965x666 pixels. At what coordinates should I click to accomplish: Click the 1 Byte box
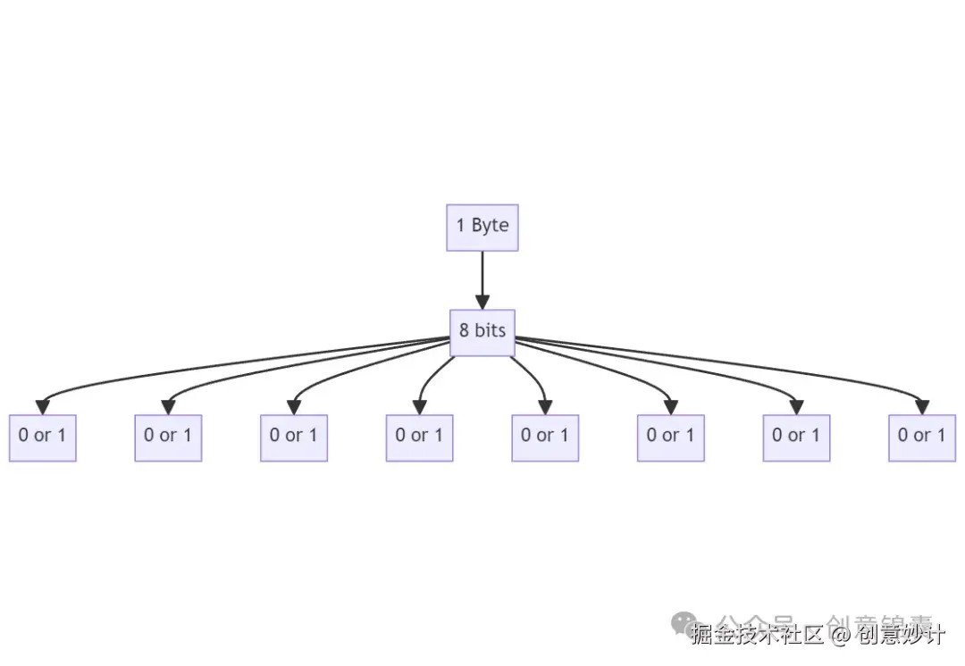pos(482,227)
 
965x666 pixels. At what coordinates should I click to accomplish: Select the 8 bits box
pos(482,332)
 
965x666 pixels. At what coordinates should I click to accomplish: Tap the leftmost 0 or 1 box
pos(43,437)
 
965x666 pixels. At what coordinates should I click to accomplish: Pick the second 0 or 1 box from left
pos(168,437)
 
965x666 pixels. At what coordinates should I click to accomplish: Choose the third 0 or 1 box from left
pos(294,437)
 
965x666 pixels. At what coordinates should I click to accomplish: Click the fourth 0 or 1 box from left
pos(419,437)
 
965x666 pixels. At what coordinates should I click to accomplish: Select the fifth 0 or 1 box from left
pos(545,437)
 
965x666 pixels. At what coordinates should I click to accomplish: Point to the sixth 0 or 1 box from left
pos(671,437)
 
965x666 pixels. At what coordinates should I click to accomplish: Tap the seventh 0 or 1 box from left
pos(796,437)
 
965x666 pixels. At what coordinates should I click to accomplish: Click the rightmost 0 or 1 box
pos(922,437)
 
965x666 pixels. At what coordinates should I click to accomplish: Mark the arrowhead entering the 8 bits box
pos(482,302)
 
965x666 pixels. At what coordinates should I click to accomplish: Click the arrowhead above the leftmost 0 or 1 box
pos(43,407)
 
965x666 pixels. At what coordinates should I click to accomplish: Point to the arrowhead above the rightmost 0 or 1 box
pos(922,407)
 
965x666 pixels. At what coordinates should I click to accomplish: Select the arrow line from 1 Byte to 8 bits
pos(482,272)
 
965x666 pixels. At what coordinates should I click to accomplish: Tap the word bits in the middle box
pos(490,331)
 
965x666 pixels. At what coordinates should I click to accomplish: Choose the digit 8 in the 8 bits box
pos(465,331)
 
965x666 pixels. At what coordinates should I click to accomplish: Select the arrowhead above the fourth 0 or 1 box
pos(419,407)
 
